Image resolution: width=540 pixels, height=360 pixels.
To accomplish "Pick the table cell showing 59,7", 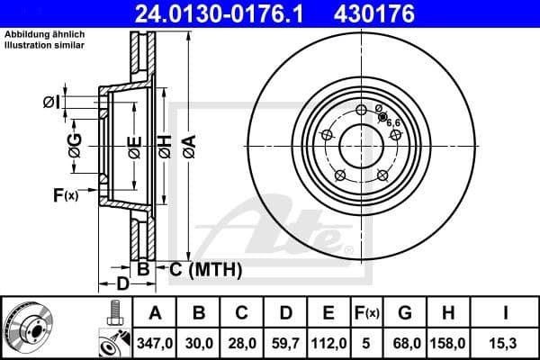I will (x=284, y=342).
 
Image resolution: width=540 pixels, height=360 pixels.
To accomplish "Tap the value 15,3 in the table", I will (x=505, y=342).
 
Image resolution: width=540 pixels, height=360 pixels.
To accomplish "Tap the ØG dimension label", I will (x=75, y=144).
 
